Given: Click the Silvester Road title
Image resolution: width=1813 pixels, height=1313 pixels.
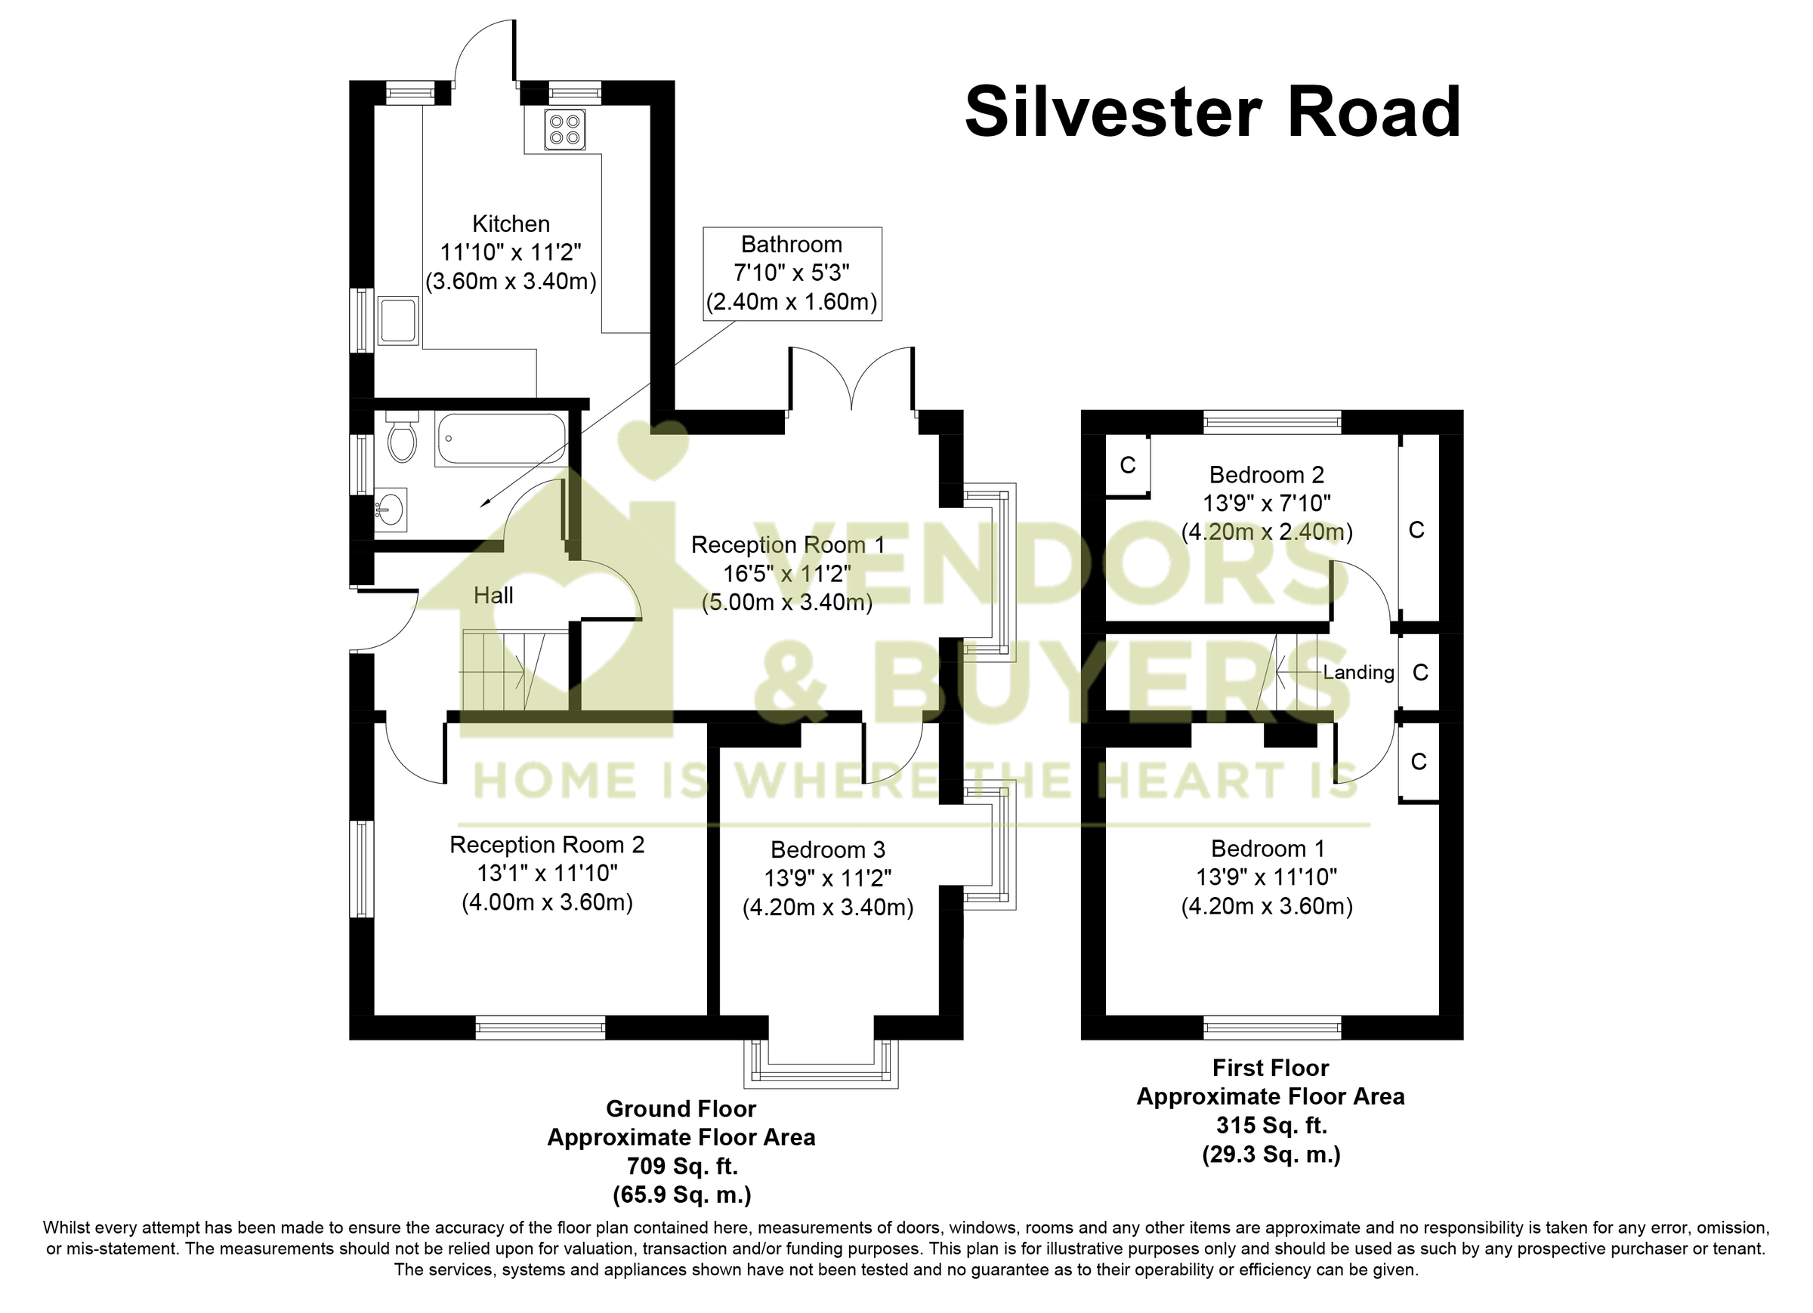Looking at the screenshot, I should tap(1212, 112).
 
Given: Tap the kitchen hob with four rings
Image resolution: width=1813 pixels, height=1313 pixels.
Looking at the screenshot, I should tap(564, 129).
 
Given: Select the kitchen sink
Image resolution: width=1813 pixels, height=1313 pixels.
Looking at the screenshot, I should tap(397, 319).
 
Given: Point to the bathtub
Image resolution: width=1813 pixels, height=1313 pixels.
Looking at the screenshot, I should tap(501, 439).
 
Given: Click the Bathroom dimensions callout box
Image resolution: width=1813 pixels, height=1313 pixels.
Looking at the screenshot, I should tap(792, 273).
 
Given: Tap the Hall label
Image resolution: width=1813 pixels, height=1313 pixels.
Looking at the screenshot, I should tap(493, 596).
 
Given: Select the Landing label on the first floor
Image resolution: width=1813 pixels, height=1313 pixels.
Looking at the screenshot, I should tap(1358, 672).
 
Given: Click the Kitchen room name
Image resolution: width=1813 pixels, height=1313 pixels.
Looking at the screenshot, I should tap(511, 223).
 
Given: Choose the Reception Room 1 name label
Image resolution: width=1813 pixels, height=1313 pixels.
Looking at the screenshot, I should tap(787, 545).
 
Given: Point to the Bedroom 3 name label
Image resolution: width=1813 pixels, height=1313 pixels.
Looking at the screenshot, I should tap(827, 849).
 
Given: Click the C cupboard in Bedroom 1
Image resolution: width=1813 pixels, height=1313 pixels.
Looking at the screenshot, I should tap(1419, 762).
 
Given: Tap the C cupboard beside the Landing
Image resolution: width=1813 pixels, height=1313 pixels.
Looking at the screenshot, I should tap(1420, 673).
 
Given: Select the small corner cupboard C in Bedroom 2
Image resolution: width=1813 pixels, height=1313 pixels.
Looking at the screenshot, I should tap(1127, 465).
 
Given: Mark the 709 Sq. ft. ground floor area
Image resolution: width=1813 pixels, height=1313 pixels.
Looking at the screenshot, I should tap(681, 1166).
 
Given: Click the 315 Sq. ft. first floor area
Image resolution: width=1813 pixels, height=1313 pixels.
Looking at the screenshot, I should tap(1271, 1125).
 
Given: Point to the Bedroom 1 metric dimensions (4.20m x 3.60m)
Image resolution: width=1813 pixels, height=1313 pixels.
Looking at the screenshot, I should tap(1267, 906).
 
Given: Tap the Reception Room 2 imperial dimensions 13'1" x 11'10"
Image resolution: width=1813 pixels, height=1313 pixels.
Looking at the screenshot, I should tap(547, 874).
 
